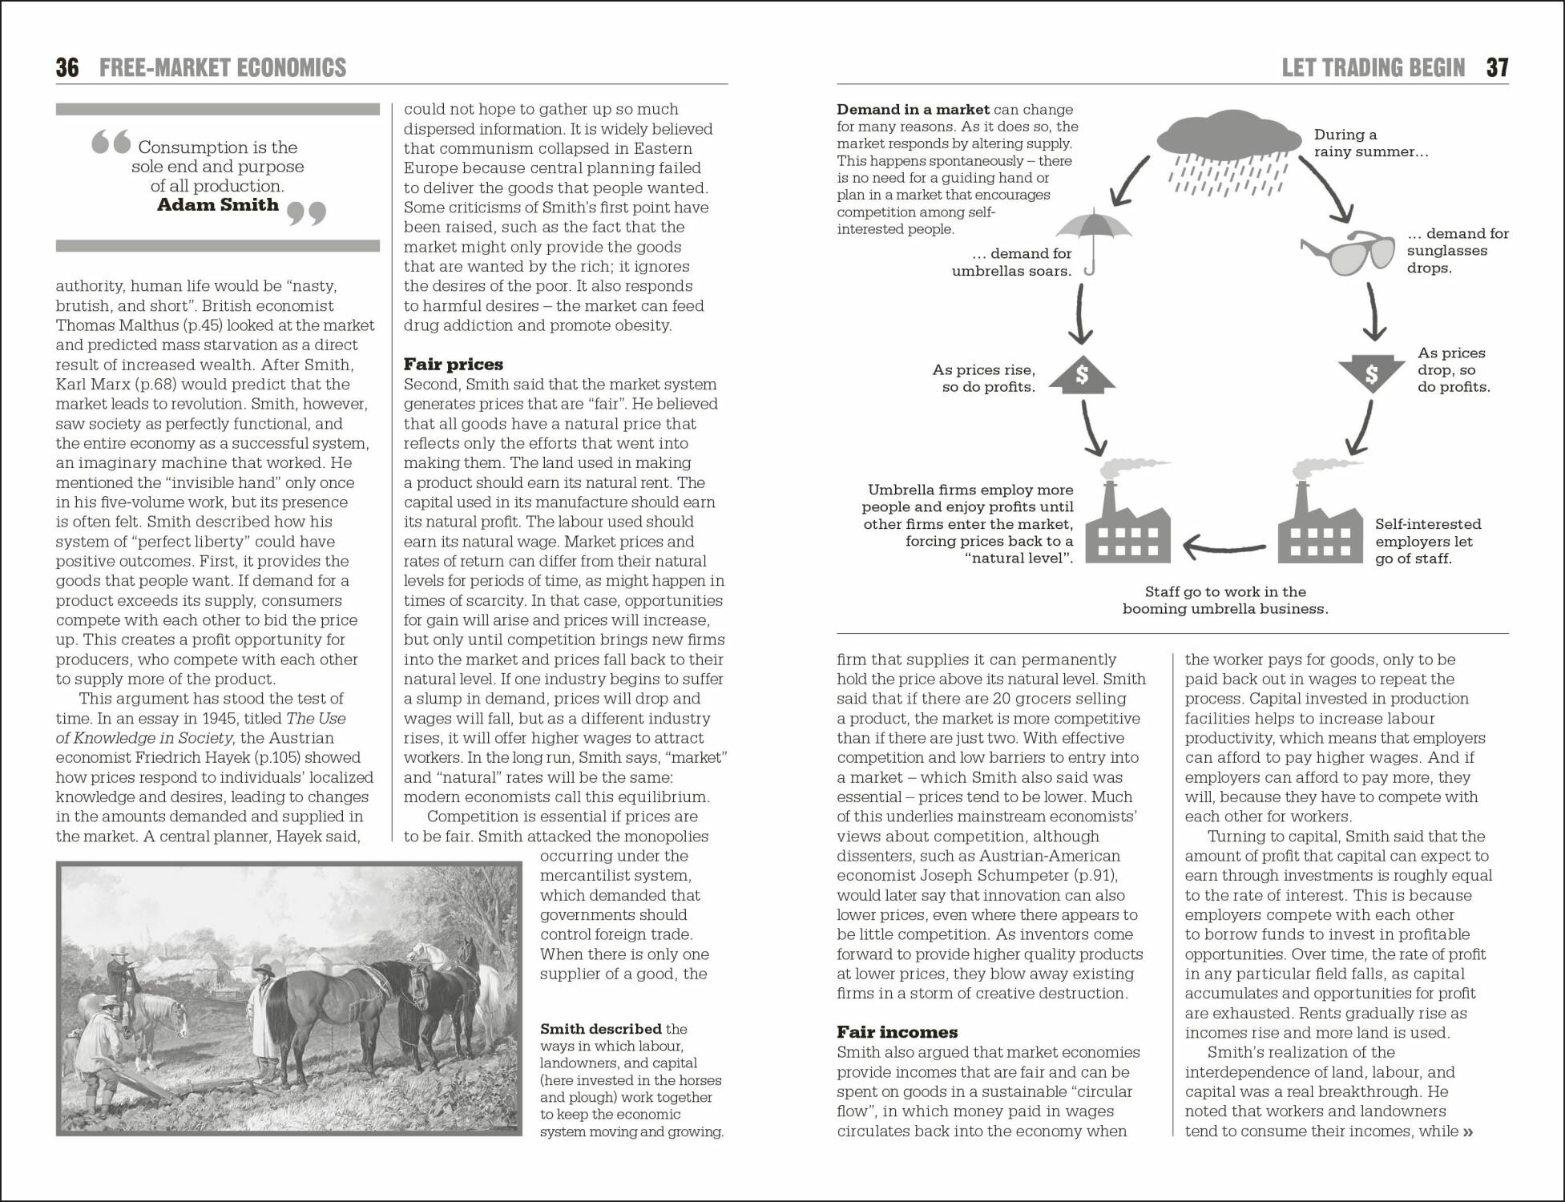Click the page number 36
tap(67, 67)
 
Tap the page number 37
tap(1497, 67)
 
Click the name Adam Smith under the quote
tap(218, 205)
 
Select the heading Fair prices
tap(453, 365)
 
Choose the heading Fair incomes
tap(897, 1032)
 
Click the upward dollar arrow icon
tap(1082, 374)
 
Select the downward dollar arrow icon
tap(1371, 373)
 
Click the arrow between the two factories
tap(1224, 548)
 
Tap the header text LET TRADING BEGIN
tap(1373, 67)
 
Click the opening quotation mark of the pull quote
tap(111, 143)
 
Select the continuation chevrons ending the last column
tap(1468, 1132)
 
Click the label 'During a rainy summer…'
tap(1370, 143)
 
